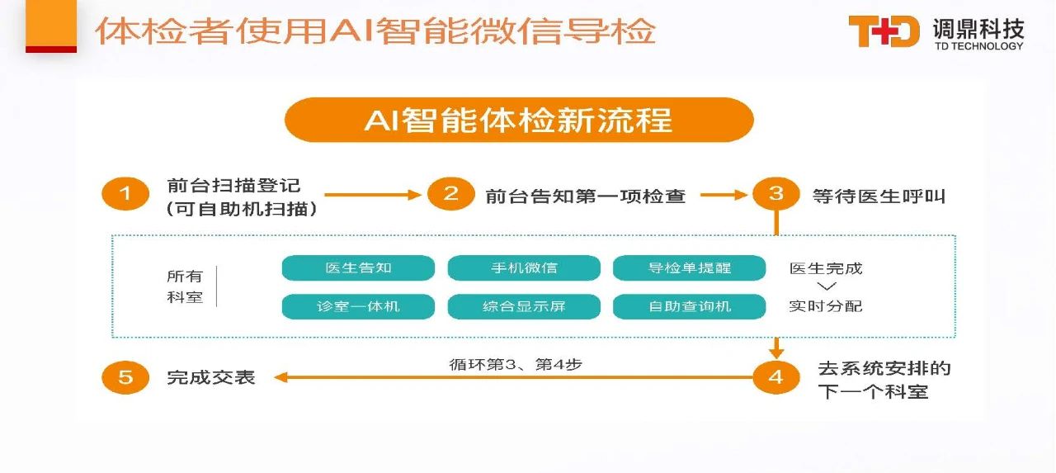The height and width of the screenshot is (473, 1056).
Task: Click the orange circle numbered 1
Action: click(125, 194)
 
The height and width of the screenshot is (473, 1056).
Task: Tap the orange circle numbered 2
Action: click(451, 194)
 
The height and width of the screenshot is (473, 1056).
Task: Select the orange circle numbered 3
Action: click(776, 194)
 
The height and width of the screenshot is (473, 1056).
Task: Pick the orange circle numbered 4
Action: click(776, 377)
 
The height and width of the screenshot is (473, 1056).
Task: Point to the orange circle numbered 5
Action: click(125, 377)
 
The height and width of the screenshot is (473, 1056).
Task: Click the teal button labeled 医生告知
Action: click(358, 267)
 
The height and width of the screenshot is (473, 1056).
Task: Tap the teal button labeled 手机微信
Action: click(524, 267)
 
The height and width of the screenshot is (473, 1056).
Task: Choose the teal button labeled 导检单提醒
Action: click(689, 267)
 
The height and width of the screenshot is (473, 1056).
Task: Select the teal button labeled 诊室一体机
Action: click(358, 306)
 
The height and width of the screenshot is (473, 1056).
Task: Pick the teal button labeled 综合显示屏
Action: click(524, 306)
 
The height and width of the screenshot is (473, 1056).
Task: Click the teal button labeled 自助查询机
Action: click(689, 306)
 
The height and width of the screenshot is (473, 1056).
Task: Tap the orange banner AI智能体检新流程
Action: click(519, 120)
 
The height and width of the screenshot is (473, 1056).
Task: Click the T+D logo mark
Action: click(884, 31)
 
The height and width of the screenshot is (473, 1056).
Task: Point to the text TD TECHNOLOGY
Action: click(979, 46)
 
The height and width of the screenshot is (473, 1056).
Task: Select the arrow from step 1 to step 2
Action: click(372, 195)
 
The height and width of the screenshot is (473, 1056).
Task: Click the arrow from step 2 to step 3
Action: click(724, 195)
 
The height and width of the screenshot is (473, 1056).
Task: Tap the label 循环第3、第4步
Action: click(516, 365)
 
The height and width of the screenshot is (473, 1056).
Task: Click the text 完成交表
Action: click(211, 377)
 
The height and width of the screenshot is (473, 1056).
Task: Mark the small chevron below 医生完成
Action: click(827, 286)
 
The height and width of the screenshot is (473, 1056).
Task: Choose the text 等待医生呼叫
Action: click(879, 196)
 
